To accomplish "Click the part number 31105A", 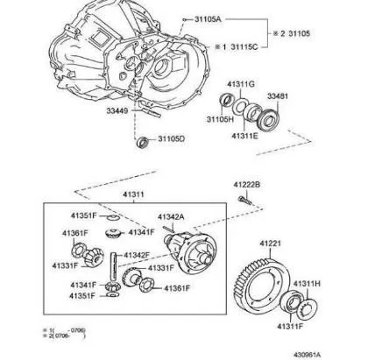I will pyautogui.click(x=206, y=18).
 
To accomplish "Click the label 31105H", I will pyautogui.click(x=220, y=119).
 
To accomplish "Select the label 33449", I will pyautogui.click(x=121, y=111).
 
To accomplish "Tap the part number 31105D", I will pyautogui.click(x=173, y=139).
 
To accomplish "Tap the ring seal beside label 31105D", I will pyautogui.click(x=143, y=141).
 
